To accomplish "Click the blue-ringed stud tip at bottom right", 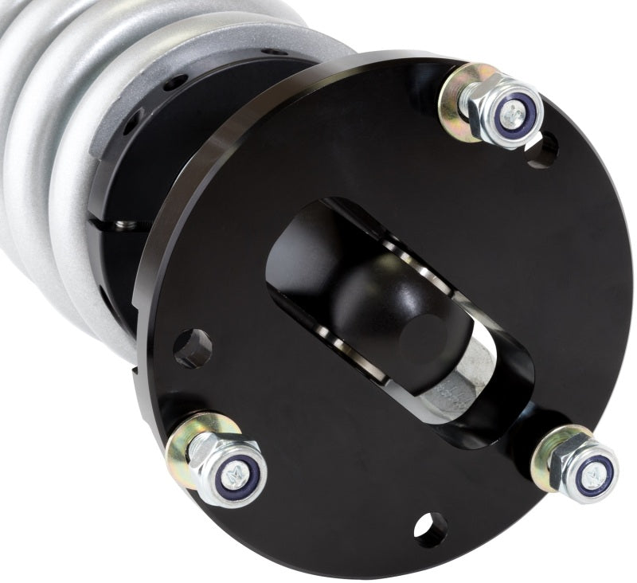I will point(593,475).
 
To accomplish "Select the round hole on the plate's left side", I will point(193,347).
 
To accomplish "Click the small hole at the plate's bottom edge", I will point(430,530).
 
